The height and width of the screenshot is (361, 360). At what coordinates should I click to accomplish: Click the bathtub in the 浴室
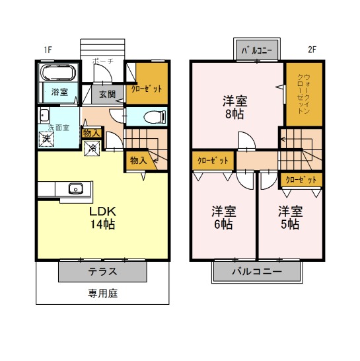(58, 72)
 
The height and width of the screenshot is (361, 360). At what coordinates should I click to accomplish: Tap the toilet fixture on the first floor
(155, 117)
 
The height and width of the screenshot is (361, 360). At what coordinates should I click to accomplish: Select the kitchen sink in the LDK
(76, 188)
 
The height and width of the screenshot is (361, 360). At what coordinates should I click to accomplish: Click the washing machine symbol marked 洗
(46, 139)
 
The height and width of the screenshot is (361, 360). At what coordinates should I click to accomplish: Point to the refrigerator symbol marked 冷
(92, 149)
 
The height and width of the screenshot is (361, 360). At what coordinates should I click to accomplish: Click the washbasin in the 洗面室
(44, 115)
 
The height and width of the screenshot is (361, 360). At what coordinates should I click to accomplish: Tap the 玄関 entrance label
(108, 94)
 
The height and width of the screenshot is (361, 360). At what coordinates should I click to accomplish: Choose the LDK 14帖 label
(102, 218)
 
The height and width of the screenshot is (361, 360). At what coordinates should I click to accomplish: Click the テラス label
(102, 272)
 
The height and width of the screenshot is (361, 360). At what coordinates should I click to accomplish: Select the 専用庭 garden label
(102, 294)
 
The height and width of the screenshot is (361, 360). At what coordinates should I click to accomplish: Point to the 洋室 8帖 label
(234, 108)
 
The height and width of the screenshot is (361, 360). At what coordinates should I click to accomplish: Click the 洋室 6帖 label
(223, 218)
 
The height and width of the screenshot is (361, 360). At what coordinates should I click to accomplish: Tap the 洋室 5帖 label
(290, 218)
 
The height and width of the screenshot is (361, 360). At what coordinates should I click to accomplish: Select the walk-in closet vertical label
(303, 94)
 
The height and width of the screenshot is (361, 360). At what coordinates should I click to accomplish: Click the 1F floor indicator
(48, 50)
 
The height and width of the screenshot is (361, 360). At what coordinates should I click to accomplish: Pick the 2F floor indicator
(312, 50)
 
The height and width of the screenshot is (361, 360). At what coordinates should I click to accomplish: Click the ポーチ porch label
(103, 61)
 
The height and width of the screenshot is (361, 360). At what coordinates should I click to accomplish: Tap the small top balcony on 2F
(257, 50)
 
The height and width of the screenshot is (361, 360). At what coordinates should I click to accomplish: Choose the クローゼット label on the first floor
(147, 89)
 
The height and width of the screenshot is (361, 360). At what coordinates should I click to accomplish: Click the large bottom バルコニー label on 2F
(257, 272)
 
